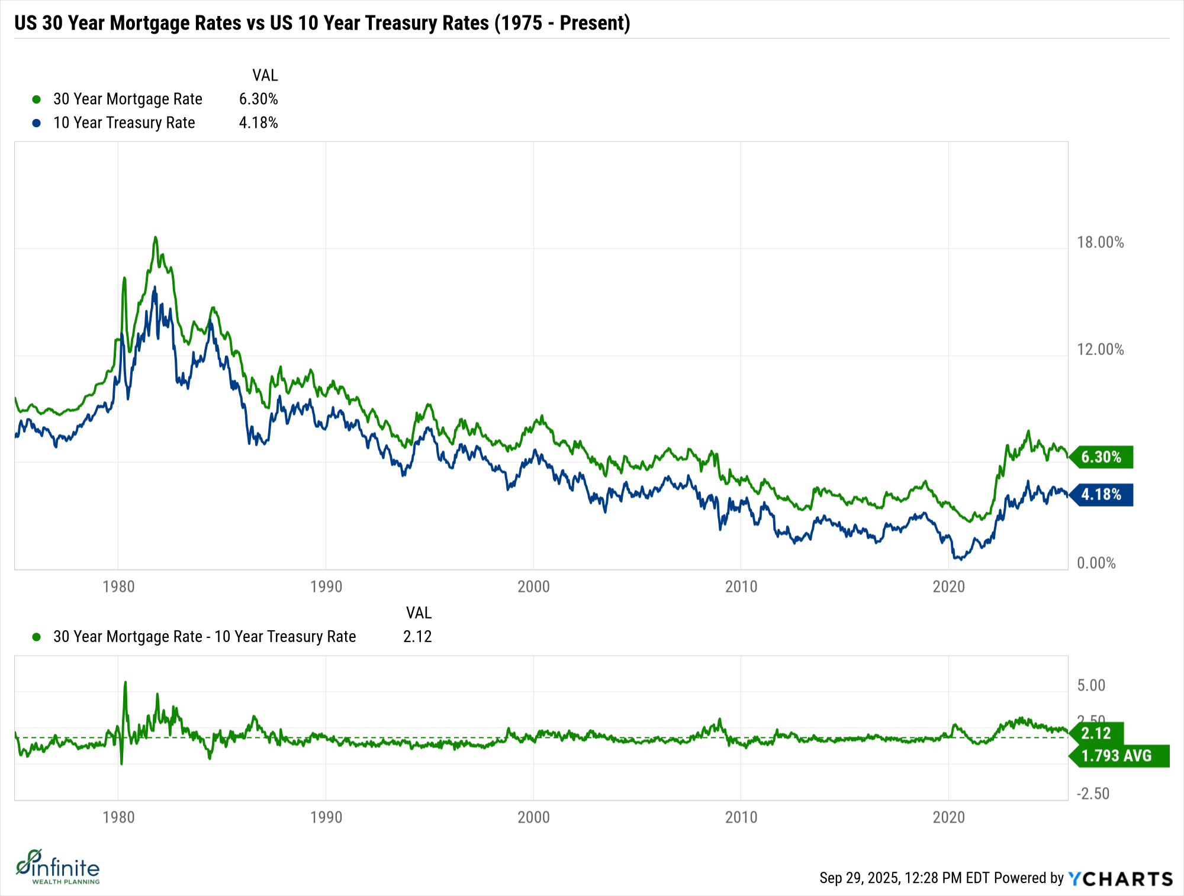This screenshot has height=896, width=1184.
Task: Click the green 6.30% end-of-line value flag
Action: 1101,457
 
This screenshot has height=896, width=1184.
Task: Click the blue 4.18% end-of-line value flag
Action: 1101,494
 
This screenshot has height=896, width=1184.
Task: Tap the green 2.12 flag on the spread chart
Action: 1096,733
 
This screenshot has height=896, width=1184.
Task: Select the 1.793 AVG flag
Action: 1117,756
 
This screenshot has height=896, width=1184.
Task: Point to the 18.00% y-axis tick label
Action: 1100,242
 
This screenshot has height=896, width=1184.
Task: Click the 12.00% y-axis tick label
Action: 1100,349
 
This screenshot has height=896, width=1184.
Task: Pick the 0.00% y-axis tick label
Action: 1096,563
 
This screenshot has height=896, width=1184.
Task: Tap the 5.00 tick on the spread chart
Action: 1091,685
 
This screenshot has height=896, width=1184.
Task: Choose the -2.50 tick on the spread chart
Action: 1092,794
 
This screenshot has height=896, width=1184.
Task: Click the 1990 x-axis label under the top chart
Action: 326,586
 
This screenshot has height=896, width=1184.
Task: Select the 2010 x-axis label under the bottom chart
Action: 741,817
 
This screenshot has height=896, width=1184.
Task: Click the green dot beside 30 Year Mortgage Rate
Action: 37,99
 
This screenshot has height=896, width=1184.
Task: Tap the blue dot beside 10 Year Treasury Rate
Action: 37,123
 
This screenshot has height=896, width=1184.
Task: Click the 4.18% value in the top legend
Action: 258,123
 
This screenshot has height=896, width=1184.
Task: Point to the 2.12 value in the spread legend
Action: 417,636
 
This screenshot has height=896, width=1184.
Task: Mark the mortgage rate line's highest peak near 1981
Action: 156,238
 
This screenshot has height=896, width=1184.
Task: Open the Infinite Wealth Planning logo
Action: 57,867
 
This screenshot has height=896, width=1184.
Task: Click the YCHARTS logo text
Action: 1121,878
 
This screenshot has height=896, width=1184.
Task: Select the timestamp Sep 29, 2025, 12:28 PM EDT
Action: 904,878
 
